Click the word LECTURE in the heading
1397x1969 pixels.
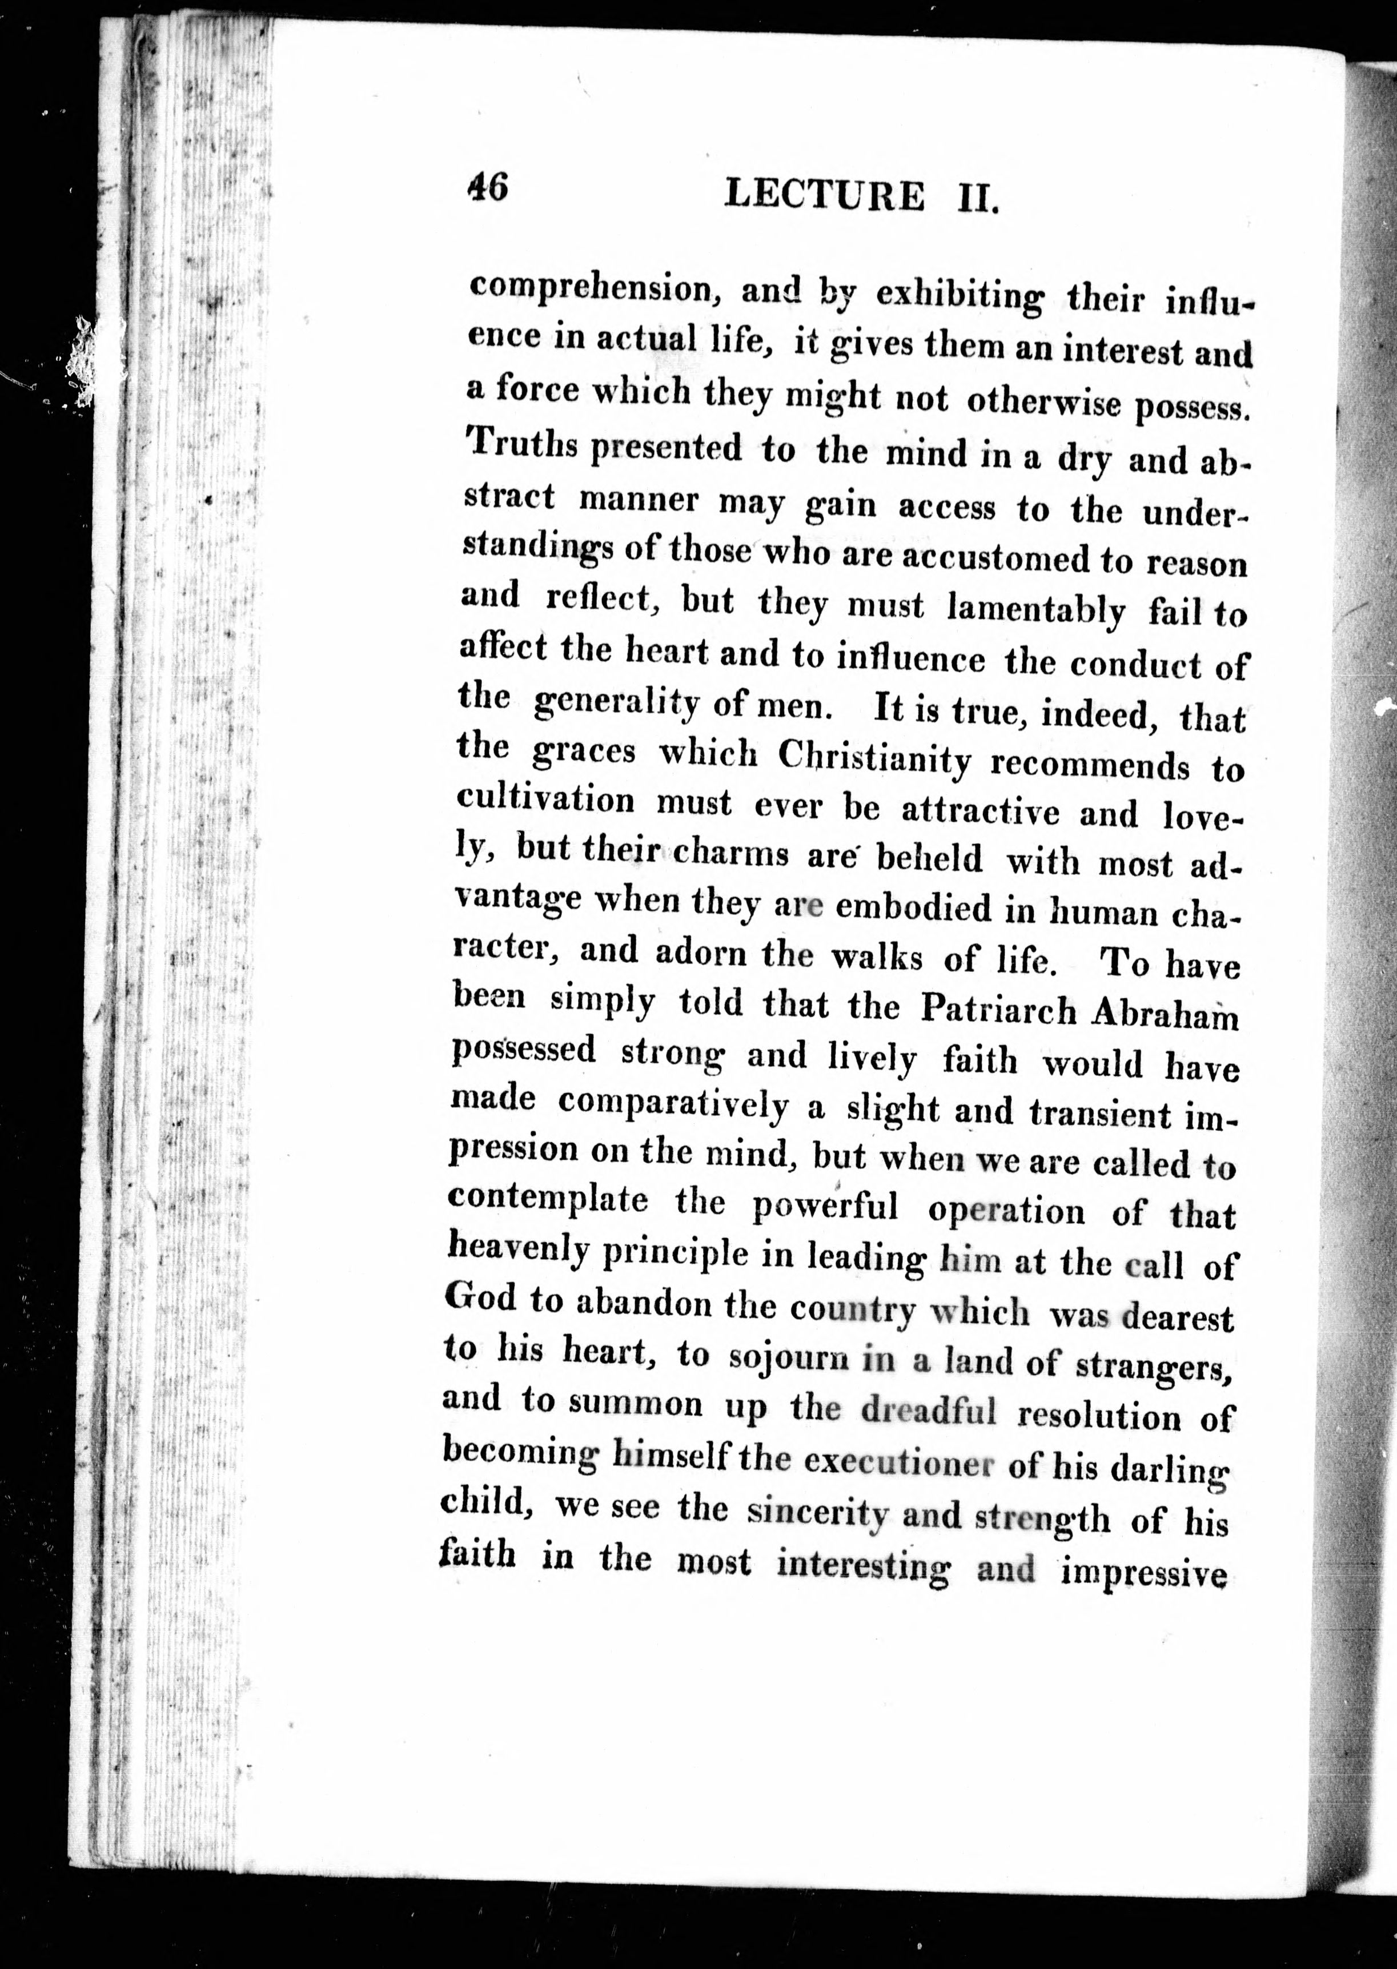824,195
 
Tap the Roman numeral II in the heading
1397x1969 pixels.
977,199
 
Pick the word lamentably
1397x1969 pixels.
1035,610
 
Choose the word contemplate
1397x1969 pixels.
548,1200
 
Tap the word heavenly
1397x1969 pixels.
518,1249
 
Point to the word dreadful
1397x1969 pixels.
928,1411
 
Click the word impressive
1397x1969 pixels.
1143,1573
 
